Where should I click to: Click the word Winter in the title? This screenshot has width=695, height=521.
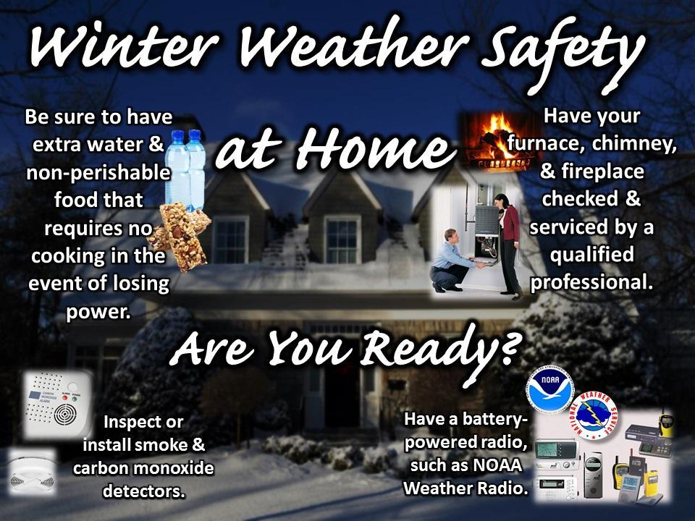tap(125, 46)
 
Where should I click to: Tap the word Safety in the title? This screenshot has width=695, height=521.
tap(563, 53)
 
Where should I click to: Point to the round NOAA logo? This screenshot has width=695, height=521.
tap(549, 390)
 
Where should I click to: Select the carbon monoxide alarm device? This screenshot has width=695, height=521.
tap(58, 404)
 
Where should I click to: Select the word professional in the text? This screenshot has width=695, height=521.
tap(591, 283)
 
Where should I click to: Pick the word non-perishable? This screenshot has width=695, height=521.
tap(98, 173)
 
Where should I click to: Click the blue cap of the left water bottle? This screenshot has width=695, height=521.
tap(177, 137)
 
